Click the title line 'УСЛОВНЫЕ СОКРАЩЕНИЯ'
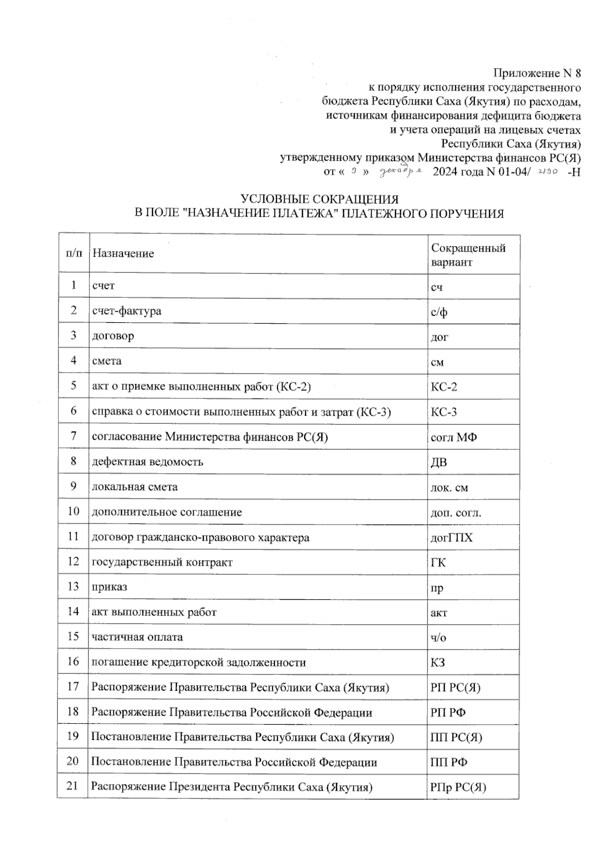(319, 199)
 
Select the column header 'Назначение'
(123, 254)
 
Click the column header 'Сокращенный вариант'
(468, 255)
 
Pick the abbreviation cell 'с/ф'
(439, 312)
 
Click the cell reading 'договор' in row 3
(113, 336)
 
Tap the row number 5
(74, 386)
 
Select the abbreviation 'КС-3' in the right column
(444, 412)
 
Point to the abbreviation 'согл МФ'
(453, 437)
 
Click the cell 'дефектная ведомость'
(147, 462)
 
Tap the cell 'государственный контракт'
(162, 563)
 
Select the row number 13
(73, 587)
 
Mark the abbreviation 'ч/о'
(439, 638)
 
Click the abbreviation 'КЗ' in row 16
(438, 663)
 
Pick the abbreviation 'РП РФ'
(448, 713)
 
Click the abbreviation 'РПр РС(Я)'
(458, 788)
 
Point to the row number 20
(73, 761)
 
